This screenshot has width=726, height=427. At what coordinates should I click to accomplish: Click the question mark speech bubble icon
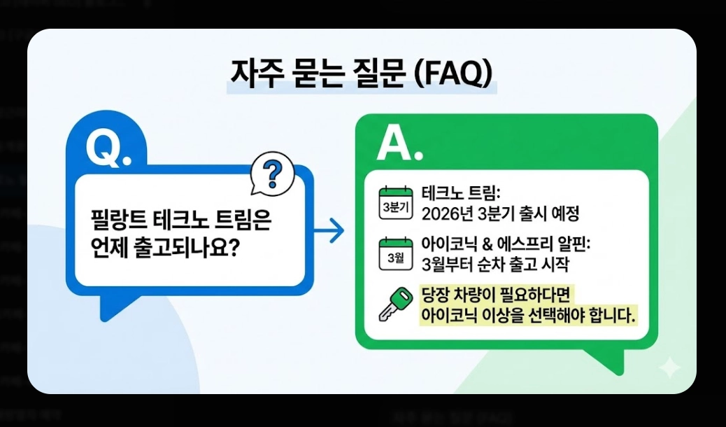pyautogui.click(x=272, y=173)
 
